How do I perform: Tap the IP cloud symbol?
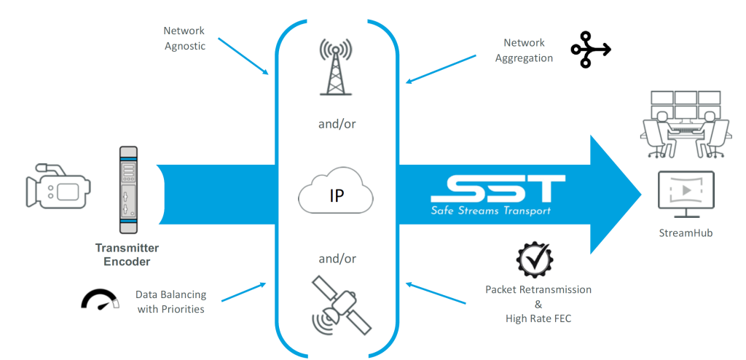(x=336, y=196)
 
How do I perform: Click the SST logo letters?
(x=498, y=188)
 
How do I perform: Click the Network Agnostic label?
(x=184, y=38)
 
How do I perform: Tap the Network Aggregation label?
(x=524, y=50)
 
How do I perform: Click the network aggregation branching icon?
(x=589, y=50)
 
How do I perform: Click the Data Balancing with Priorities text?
(x=170, y=302)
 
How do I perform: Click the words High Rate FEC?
(x=538, y=318)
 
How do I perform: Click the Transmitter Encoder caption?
(x=127, y=254)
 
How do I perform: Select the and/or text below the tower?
(x=336, y=125)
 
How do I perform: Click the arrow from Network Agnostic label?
(x=243, y=56)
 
